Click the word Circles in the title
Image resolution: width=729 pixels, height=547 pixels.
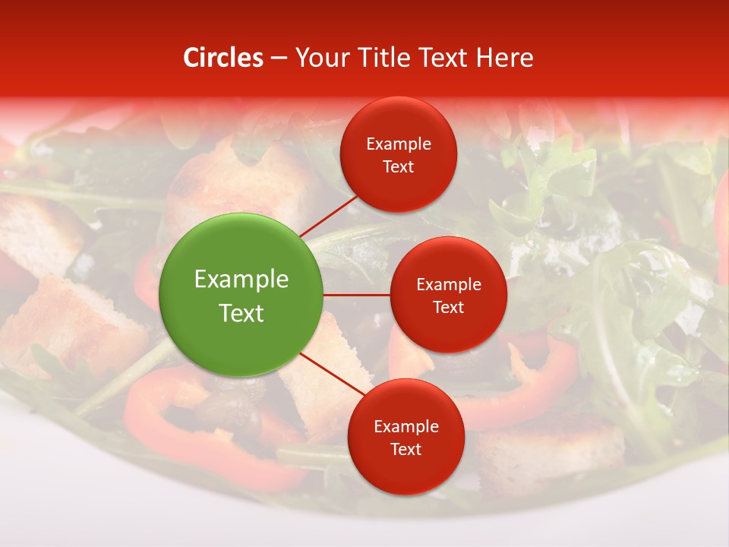(222, 58)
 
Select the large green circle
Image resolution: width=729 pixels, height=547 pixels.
(241, 295)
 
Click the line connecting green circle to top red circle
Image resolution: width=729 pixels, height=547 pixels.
(329, 216)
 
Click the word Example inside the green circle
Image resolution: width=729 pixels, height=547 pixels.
(241, 280)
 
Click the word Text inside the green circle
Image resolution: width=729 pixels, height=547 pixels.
(241, 313)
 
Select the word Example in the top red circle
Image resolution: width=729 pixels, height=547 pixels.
(399, 144)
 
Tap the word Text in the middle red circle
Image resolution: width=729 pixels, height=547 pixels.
(448, 308)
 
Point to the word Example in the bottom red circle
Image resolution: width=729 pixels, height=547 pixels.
(406, 427)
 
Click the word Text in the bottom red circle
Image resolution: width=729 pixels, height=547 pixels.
(406, 450)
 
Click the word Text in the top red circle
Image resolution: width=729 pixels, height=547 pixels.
(399, 167)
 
